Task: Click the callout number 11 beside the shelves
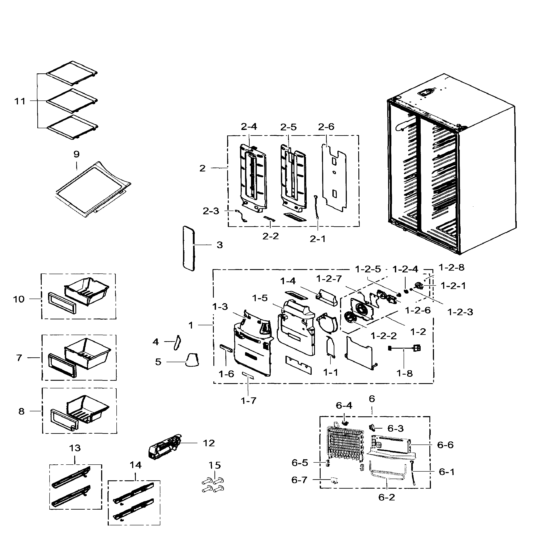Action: (x=20, y=101)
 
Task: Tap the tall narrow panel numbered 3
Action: (x=189, y=248)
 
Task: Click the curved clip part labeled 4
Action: (x=177, y=343)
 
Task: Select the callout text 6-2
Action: (x=386, y=505)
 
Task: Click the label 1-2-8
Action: (x=451, y=267)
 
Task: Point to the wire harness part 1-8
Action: (x=404, y=349)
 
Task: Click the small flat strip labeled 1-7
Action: (x=248, y=375)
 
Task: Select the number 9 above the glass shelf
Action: (x=76, y=154)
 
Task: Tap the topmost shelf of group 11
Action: (x=72, y=73)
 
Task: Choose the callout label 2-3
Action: (x=211, y=211)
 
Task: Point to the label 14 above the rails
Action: (x=135, y=465)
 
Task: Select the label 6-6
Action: (x=445, y=445)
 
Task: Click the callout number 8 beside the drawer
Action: (x=21, y=411)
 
